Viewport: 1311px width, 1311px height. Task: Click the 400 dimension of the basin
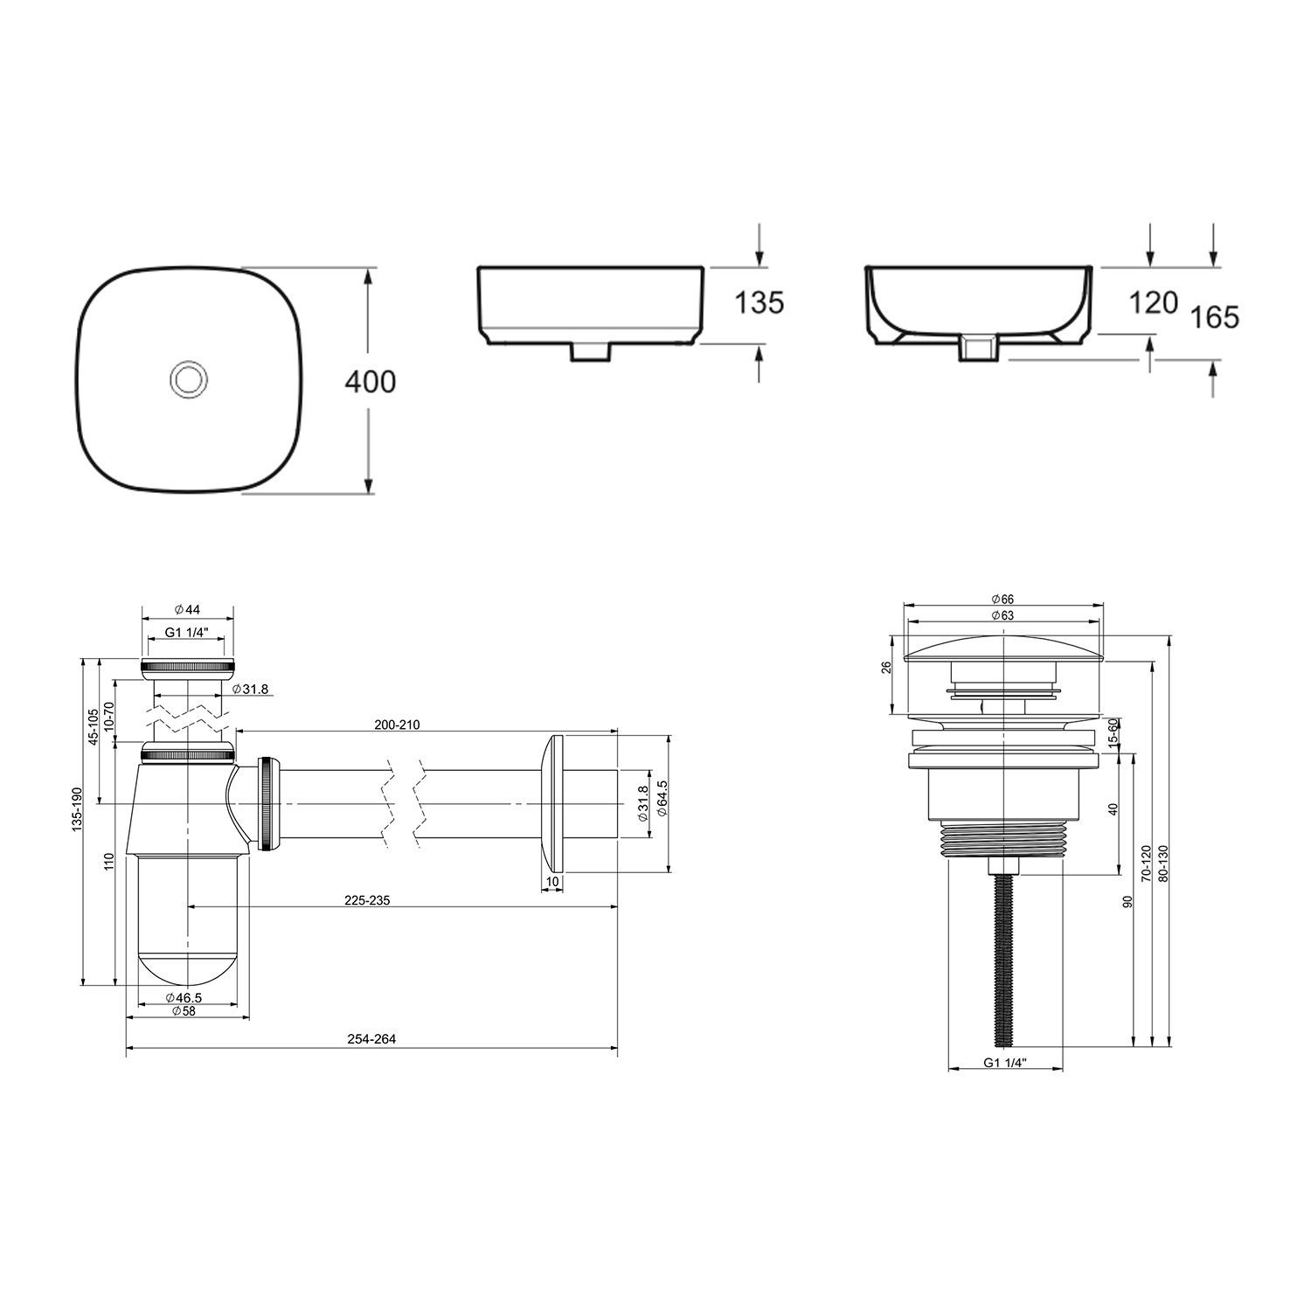pyautogui.click(x=371, y=382)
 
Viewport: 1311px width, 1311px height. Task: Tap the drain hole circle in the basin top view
pyautogui.click(x=186, y=379)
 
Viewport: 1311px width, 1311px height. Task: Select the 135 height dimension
pyautogui.click(x=759, y=302)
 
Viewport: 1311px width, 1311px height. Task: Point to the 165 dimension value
pyautogui.click(x=1215, y=316)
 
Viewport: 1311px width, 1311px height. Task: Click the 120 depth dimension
pyautogui.click(x=1153, y=302)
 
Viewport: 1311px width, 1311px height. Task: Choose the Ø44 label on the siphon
pyautogui.click(x=187, y=608)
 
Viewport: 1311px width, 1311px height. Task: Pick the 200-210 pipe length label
pyautogui.click(x=398, y=725)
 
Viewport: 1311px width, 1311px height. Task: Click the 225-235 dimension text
pyautogui.click(x=367, y=900)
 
